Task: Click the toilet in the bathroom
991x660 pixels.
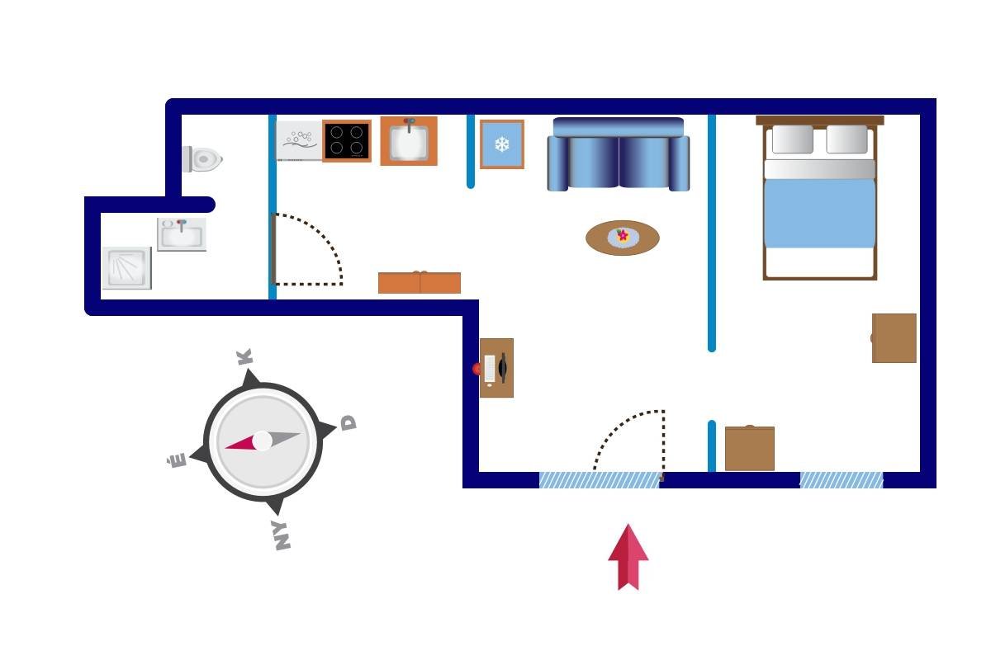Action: (x=204, y=159)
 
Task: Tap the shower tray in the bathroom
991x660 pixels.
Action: (x=126, y=268)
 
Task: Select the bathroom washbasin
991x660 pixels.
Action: (x=181, y=234)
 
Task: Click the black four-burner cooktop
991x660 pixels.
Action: (x=346, y=141)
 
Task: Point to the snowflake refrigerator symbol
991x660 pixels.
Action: (x=501, y=145)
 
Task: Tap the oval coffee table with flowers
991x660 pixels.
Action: (x=623, y=238)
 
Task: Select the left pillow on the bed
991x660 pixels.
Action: (x=793, y=139)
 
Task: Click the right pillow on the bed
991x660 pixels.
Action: (x=846, y=139)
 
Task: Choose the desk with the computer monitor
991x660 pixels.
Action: (x=496, y=368)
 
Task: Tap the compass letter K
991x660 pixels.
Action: (x=244, y=357)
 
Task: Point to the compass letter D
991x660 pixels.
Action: (x=349, y=423)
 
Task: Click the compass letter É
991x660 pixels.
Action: (x=178, y=460)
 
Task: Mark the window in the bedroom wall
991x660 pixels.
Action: (x=841, y=480)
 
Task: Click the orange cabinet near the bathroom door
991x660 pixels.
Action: (x=420, y=283)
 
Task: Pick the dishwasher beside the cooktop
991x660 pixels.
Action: (x=297, y=140)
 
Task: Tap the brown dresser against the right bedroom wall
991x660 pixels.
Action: (x=894, y=337)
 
